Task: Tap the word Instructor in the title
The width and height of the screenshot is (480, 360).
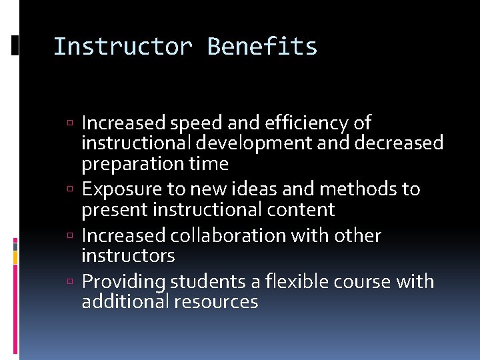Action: [x=123, y=47]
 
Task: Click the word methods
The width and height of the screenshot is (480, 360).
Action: [x=358, y=189]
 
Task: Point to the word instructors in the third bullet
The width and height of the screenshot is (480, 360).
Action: [x=128, y=255]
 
